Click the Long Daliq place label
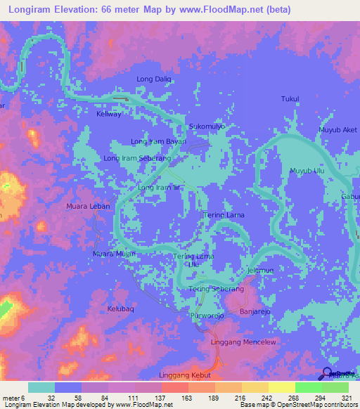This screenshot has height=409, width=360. [x=154, y=79]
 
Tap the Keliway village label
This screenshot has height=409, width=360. [x=109, y=114]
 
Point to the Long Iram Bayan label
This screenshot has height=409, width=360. [x=158, y=141]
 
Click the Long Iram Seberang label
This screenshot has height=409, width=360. [x=138, y=159]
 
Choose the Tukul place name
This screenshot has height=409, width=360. [x=290, y=99]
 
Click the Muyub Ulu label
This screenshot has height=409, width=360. [x=306, y=171]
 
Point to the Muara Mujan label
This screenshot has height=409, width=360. [x=114, y=253]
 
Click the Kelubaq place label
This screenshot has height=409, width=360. [x=120, y=309]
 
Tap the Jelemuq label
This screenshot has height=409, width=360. [x=259, y=271]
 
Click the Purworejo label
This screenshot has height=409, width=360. [x=207, y=317]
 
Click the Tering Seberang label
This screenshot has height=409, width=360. [x=216, y=289]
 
